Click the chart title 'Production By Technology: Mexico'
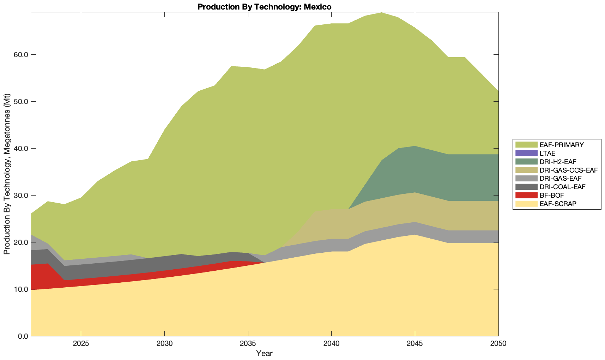click(x=264, y=7)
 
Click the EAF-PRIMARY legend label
click(x=562, y=145)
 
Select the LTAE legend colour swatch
click(x=526, y=153)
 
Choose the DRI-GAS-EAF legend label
click(x=560, y=179)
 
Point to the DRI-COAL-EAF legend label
click(x=562, y=187)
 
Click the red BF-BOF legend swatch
click(x=526, y=195)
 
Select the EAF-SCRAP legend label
click(x=558, y=204)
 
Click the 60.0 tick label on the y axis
click(x=20, y=55)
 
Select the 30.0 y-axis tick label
click(x=20, y=196)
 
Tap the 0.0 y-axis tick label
click(x=22, y=336)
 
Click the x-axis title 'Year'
click(x=264, y=353)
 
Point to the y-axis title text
click(x=7, y=174)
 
